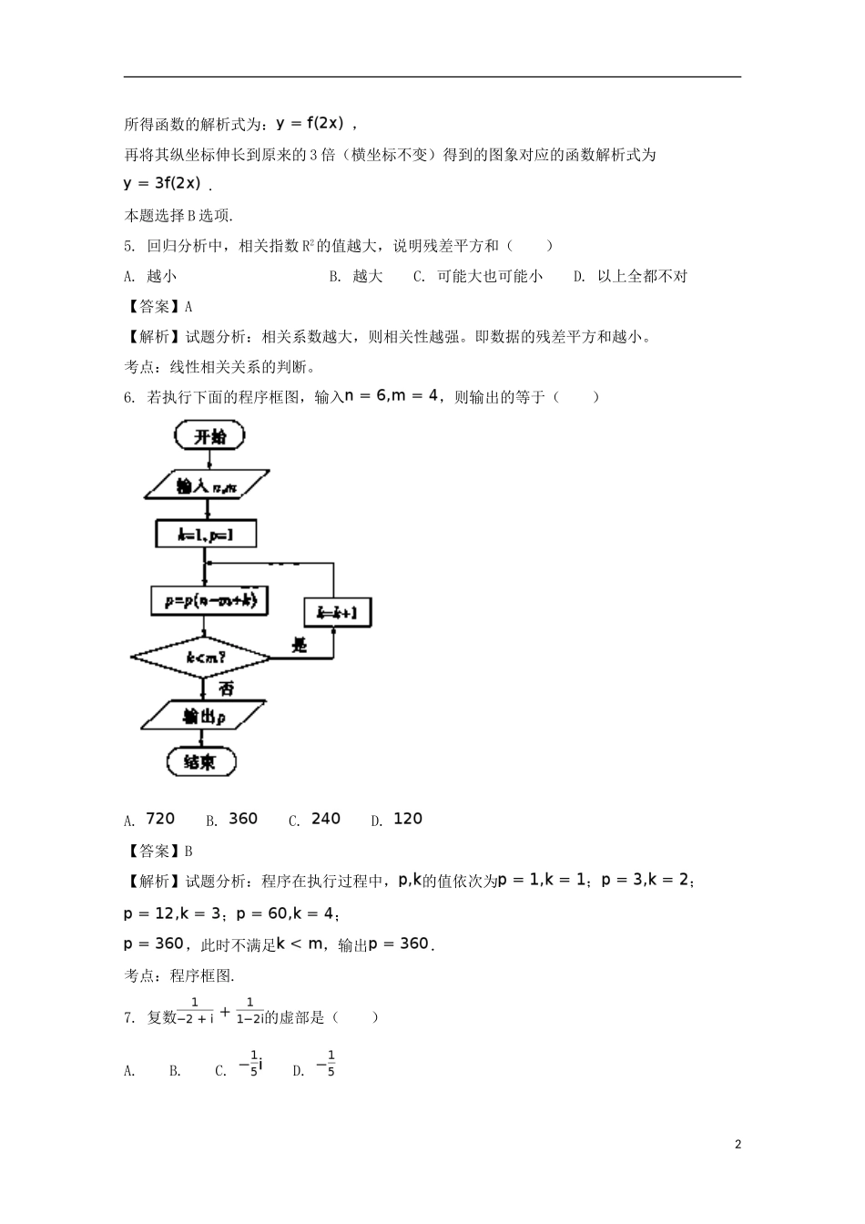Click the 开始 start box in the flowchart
[209, 437]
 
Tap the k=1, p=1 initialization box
[205, 535]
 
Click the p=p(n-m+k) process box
[209, 601]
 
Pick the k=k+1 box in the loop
[337, 612]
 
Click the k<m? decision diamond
[201, 656]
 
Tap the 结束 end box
[201, 761]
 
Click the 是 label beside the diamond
[299, 646]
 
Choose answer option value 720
[160, 819]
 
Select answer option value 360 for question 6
[243, 819]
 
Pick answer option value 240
[326, 819]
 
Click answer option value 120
[408, 819]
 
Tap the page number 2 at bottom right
[738, 1144]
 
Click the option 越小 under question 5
[162, 276]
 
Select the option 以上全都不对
[642, 276]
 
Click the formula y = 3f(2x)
[162, 183]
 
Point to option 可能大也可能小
[490, 276]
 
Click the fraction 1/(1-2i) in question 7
[249, 1011]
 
